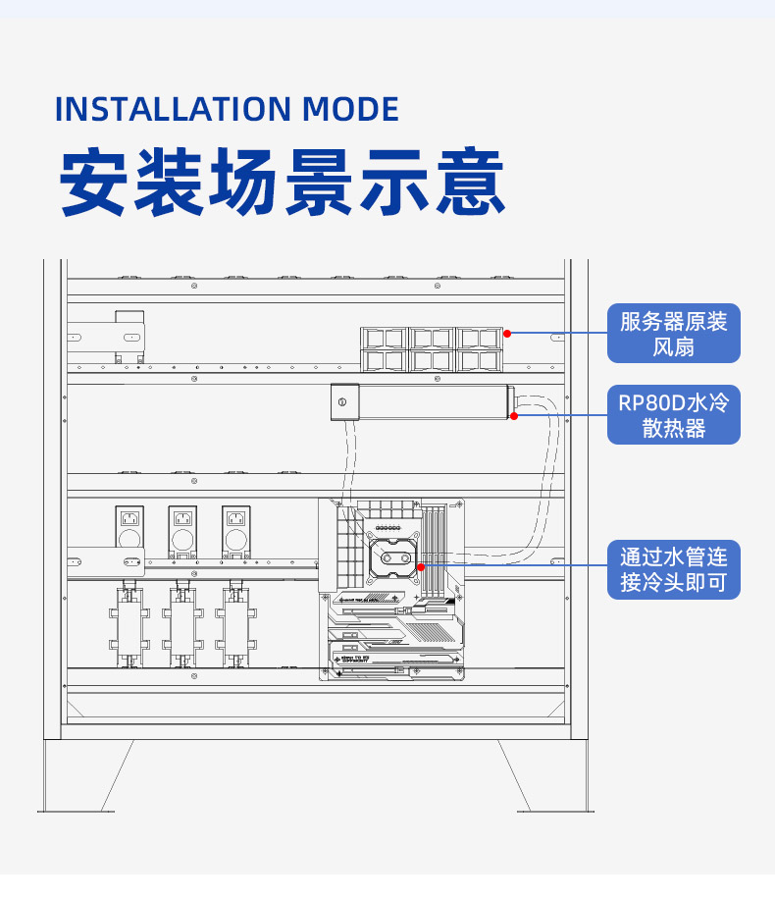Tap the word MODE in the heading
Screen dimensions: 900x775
pyautogui.click(x=350, y=109)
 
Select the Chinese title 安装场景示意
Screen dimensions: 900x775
pyautogui.click(x=283, y=183)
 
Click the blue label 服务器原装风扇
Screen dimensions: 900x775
pyautogui.click(x=673, y=334)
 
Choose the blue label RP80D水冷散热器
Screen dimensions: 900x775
pyautogui.click(x=673, y=414)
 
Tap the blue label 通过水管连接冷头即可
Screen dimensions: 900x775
pyautogui.click(x=673, y=570)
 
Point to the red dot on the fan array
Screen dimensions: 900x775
pyautogui.click(x=507, y=334)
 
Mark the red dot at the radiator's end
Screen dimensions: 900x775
pyautogui.click(x=514, y=416)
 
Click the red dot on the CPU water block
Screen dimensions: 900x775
pyautogui.click(x=420, y=566)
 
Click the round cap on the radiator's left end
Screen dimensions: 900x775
pyautogui.click(x=341, y=403)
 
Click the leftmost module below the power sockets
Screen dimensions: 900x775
pyautogui.click(x=128, y=628)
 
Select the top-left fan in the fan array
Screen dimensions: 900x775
pyautogui.click(x=384, y=339)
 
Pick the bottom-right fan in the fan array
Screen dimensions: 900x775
pyautogui.click(x=480, y=360)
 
